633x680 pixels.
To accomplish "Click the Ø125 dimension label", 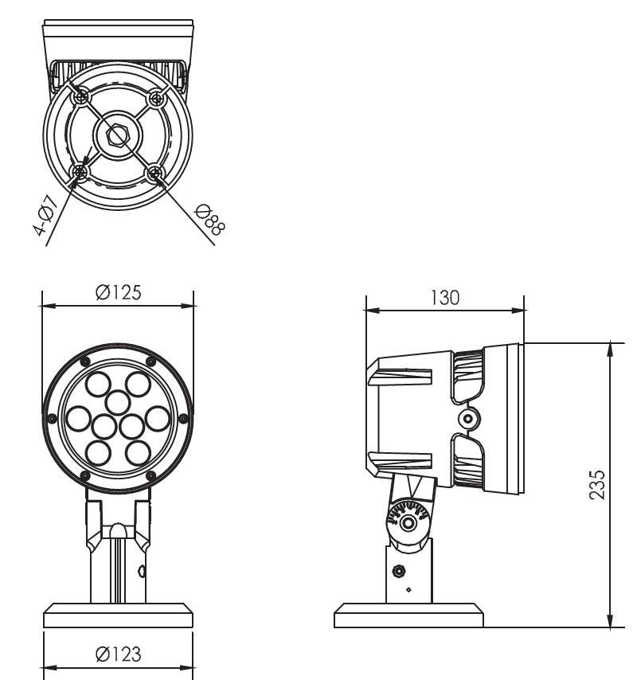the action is click(119, 293).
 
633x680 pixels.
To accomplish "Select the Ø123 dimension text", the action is click(119, 654).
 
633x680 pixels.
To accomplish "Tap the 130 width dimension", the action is click(445, 298).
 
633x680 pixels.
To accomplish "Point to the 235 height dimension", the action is click(597, 484).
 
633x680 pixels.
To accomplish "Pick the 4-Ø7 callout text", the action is click(45, 216).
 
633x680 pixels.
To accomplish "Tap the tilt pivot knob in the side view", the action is click(408, 522).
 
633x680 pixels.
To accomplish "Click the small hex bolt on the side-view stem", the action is click(398, 571).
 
